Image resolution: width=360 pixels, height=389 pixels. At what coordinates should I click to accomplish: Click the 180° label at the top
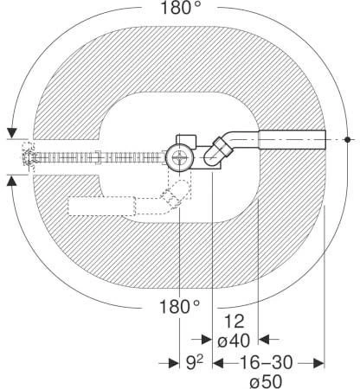(x=180, y=8)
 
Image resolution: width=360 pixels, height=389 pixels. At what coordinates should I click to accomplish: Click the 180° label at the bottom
(x=179, y=307)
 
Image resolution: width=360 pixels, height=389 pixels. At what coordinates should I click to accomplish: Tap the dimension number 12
(x=234, y=322)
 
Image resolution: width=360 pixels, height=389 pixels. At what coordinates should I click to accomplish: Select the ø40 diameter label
(x=234, y=341)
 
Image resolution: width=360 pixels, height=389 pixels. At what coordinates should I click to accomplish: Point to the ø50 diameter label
(x=266, y=382)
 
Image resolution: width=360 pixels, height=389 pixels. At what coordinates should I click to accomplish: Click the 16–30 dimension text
(x=267, y=362)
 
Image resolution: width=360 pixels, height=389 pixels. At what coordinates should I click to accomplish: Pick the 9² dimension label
(x=195, y=362)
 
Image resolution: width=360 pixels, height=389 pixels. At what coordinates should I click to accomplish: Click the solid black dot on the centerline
(x=348, y=140)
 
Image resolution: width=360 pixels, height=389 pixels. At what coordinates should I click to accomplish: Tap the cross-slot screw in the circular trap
(x=179, y=158)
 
